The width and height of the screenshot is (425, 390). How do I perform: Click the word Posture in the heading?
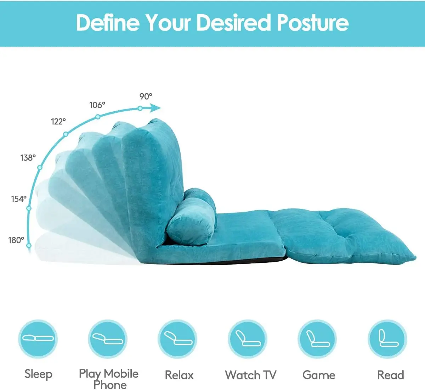(x=313, y=23)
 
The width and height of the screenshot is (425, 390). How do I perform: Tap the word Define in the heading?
(x=108, y=22)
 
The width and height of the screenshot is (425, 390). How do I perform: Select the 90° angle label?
(x=146, y=96)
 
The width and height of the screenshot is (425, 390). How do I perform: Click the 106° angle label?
(x=97, y=105)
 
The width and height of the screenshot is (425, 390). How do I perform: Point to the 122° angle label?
(x=58, y=122)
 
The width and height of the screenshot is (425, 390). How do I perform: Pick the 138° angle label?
(x=28, y=158)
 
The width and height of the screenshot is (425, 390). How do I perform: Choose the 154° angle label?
(x=19, y=199)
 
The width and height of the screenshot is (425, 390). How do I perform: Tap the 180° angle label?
(x=16, y=240)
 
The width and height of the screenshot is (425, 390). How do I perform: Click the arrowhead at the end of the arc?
(x=156, y=108)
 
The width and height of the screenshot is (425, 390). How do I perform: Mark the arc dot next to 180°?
(x=29, y=245)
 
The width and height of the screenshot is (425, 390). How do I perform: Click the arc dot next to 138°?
(x=40, y=168)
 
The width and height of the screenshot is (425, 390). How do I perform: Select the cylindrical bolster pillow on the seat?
(x=191, y=217)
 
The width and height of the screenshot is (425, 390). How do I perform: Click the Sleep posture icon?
(x=38, y=339)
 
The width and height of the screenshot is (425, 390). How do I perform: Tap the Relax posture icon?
(x=177, y=339)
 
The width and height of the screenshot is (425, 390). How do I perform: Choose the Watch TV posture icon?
(x=248, y=339)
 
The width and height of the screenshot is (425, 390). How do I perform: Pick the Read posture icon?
(x=387, y=339)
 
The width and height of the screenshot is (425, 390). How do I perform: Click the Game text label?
(x=319, y=375)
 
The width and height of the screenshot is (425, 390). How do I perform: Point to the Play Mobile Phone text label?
(x=109, y=379)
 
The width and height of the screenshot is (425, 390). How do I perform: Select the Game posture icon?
(x=317, y=339)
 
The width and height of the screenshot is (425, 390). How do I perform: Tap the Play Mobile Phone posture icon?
(x=108, y=339)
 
